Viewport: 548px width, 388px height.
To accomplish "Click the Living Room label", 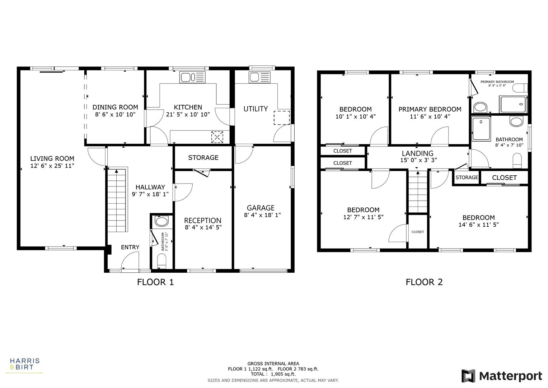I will pos(52,158).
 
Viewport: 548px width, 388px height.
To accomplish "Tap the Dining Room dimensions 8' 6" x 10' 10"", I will pos(115,115).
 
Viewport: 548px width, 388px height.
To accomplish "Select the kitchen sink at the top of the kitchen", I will pos(192,77).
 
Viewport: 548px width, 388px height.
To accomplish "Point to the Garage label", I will pos(261,208).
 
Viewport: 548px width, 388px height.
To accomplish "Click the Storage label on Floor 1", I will pos(203,158).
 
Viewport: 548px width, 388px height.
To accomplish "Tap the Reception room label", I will pos(203,221).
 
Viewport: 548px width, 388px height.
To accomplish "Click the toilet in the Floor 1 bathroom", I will pos(162,261).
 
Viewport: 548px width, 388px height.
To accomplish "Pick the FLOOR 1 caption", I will pos(155,282).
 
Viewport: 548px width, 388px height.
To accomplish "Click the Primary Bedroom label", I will pos(430,109).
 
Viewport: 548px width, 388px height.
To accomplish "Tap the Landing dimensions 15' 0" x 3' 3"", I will pos(418,160).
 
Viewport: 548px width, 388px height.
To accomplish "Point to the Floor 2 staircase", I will pos(418,192).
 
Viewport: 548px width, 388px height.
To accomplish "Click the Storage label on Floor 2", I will pos(467,177).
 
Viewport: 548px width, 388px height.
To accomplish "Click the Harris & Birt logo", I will pos(24,364).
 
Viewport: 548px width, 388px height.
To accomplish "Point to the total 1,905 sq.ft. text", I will pos(273,374).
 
